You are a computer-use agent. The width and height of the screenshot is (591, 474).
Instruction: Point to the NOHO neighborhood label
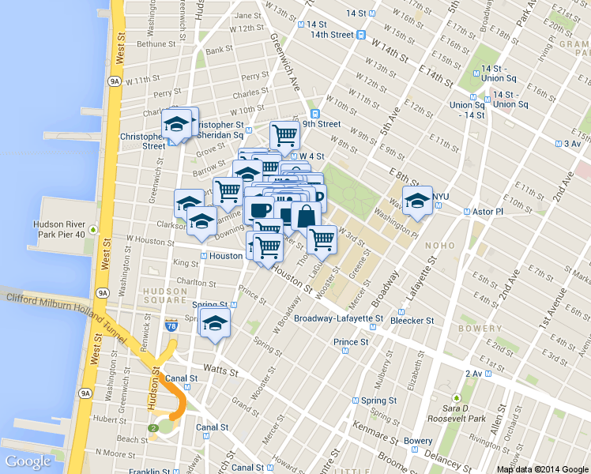439,246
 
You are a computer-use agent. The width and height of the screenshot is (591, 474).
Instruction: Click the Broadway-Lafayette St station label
338,319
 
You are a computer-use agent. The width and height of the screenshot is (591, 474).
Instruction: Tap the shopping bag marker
306,216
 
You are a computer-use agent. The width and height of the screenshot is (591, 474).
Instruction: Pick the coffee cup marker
259,210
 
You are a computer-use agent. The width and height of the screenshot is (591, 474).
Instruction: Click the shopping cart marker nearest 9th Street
284,134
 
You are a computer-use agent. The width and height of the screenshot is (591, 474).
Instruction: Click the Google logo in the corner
28,461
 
